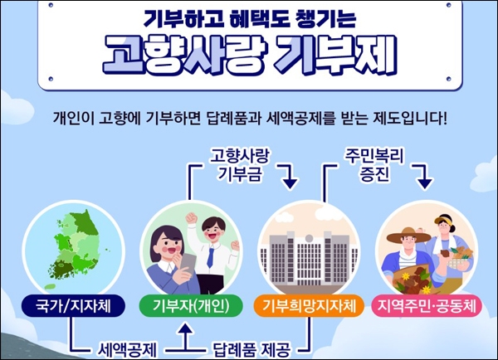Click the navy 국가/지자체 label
[73, 306]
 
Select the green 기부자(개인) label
[191, 306]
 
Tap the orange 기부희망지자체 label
[309, 306]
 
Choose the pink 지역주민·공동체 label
[427, 306]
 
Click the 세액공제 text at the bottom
[127, 350]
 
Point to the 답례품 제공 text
[251, 350]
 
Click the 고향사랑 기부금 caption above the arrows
[240, 165]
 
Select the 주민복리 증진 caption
[374, 165]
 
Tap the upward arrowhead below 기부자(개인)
[186, 329]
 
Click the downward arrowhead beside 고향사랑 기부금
[290, 184]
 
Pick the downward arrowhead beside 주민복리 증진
[425, 184]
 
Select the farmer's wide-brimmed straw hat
[408, 236]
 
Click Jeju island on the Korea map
[50, 287]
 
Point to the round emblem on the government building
[309, 238]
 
